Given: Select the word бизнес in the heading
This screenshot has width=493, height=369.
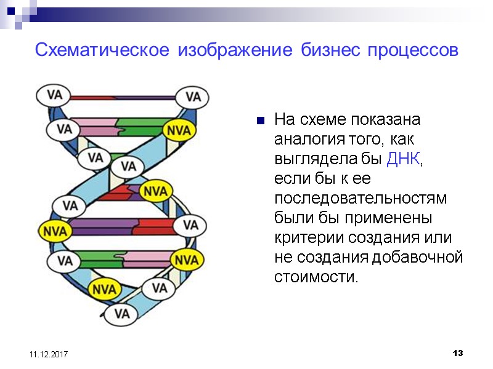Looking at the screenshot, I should [x=329, y=50].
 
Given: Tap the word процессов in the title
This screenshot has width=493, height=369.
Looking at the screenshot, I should [x=413, y=50].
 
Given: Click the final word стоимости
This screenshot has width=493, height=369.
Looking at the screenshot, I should [x=315, y=277].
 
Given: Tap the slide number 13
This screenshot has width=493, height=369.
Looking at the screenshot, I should [x=457, y=354].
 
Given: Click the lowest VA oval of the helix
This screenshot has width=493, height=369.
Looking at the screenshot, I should [x=122, y=314].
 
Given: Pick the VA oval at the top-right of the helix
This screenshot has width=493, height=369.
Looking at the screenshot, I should [x=193, y=97].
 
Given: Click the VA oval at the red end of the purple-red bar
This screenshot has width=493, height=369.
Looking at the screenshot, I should [x=190, y=225].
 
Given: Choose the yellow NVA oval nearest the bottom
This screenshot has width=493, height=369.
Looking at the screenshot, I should [x=104, y=288].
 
